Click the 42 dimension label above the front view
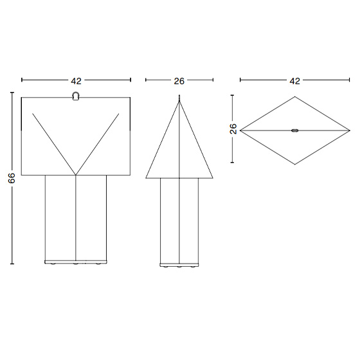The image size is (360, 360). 76,81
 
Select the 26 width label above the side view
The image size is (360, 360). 179,81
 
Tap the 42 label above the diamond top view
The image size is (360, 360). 295,81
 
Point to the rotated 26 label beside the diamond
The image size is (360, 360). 233,129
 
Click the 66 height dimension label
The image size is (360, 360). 12,178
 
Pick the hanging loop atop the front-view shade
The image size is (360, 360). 76,96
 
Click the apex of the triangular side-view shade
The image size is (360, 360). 179,102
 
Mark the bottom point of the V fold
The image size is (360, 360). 76,175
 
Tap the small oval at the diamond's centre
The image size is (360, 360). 295,130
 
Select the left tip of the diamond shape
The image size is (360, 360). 240,130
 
